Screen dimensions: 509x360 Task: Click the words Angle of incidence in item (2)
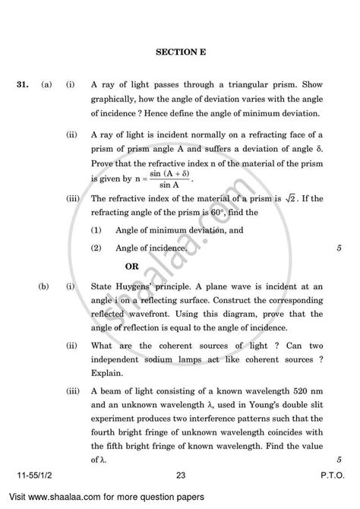(151, 248)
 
